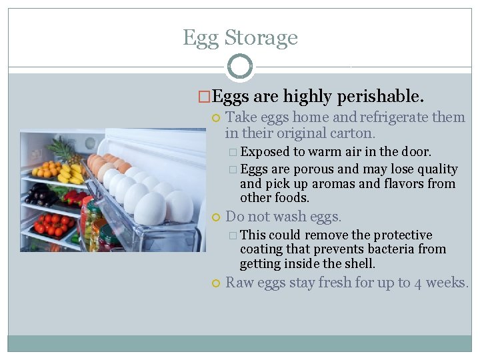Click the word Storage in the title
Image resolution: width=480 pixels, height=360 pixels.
point(263,38)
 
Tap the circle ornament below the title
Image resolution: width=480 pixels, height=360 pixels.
point(240,67)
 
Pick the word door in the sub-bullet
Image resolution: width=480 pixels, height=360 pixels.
point(417,152)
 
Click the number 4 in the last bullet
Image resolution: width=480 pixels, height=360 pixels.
point(419,283)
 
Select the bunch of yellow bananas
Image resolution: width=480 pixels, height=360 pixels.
point(71,175)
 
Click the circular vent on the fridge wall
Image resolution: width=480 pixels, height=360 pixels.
point(90,143)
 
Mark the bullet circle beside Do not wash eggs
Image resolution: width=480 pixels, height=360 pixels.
point(215,217)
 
